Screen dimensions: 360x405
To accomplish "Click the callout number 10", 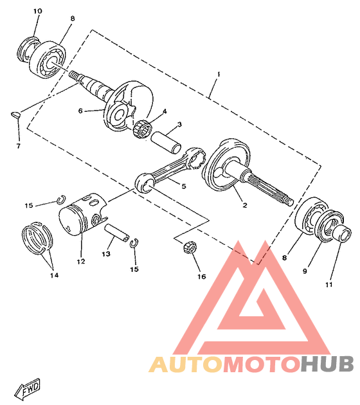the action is (37, 11).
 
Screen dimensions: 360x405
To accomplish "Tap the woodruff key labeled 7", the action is (15, 114).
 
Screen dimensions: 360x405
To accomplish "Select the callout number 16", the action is (202, 276).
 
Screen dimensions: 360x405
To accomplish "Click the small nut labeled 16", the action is (190, 247).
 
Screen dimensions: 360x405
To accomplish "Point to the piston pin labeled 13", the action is (117, 233).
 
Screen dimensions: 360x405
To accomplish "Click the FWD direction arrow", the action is (28, 388).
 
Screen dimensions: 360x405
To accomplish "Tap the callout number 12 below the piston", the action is (81, 262).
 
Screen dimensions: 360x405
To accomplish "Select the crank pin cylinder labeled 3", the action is (166, 143).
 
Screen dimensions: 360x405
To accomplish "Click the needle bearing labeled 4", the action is (142, 128).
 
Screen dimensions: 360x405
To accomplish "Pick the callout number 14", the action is (54, 275).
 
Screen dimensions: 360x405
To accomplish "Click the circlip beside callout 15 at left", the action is (62, 199).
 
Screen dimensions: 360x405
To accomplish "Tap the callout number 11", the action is (328, 285).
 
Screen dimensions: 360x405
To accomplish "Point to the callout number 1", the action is (219, 75).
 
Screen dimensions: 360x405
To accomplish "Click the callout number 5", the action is (184, 186).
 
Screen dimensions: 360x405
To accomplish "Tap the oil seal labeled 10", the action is (28, 50).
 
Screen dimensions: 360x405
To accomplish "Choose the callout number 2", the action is (245, 205).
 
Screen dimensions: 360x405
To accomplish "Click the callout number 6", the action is (80, 111).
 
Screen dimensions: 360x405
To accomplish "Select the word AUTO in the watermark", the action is (185, 364).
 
